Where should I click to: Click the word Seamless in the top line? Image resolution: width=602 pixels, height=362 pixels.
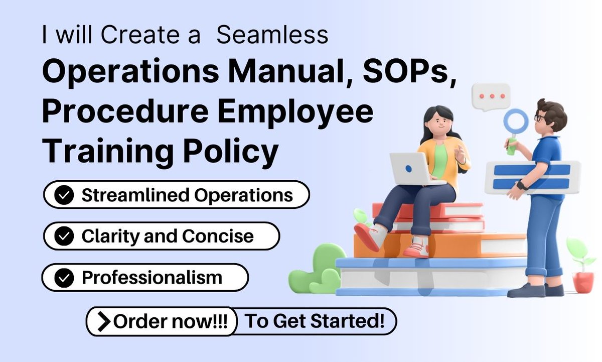273,35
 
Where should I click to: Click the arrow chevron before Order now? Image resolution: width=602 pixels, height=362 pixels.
103,322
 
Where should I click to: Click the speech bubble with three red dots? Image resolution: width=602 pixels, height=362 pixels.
491,96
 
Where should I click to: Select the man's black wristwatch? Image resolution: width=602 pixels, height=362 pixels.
522,185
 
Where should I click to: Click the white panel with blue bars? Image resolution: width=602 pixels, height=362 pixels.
532,177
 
